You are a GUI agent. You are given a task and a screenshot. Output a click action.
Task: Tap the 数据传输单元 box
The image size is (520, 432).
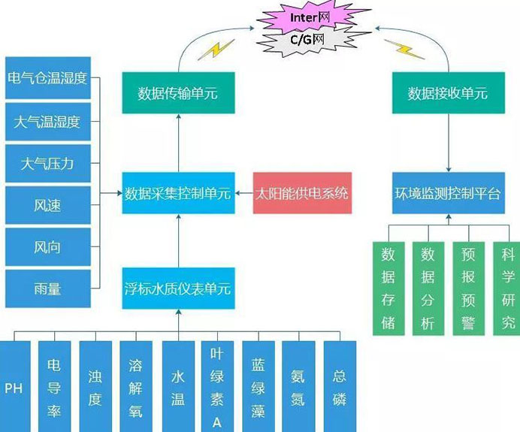[177, 93]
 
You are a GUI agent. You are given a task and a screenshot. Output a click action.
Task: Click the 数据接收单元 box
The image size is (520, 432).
[447, 93]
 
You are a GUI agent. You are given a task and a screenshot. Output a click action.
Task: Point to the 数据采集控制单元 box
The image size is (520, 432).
[178, 194]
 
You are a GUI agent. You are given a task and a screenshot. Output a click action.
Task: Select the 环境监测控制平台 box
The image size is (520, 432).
[447, 194]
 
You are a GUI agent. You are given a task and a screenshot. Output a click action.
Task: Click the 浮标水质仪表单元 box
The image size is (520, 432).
[178, 289]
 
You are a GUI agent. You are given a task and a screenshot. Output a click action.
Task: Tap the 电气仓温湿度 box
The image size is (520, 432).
[47, 78]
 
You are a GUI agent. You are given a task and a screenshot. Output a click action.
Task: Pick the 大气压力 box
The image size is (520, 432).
[47, 163]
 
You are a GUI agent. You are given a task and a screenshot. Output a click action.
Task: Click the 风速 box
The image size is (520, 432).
[47, 205]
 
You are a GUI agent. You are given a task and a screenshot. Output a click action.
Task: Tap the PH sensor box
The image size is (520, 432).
[14, 387]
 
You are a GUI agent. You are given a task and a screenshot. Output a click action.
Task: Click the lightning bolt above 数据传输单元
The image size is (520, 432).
[220, 49]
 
